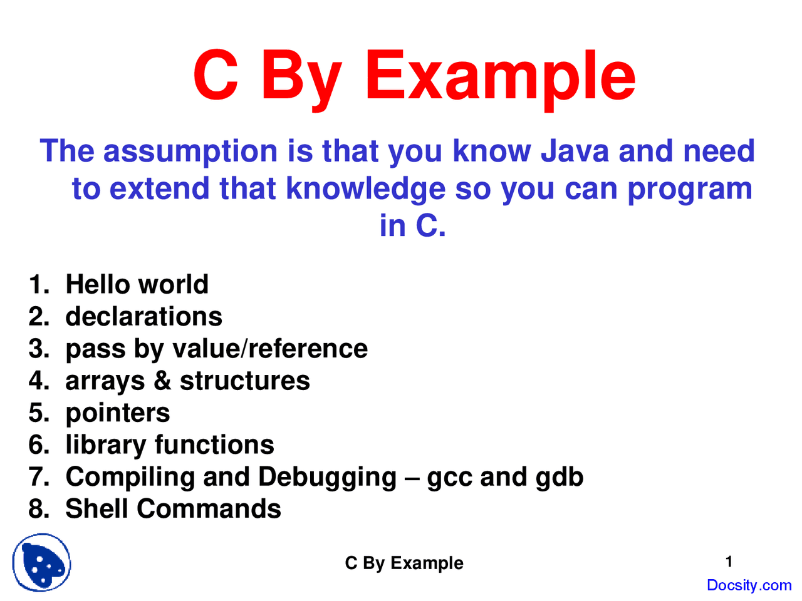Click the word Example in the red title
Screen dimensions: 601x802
(500, 76)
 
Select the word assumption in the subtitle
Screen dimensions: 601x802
(190, 152)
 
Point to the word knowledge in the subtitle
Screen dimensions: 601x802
(365, 188)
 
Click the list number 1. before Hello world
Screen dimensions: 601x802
(39, 285)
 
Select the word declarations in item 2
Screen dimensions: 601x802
(143, 317)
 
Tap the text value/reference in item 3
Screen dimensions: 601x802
(270, 349)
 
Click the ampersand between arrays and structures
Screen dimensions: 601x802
(162, 381)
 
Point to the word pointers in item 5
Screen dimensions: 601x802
(117, 413)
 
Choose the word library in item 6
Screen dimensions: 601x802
(105, 445)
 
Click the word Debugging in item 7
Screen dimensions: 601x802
(327, 478)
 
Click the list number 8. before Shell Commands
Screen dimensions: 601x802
(39, 509)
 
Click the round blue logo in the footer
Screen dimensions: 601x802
(41, 563)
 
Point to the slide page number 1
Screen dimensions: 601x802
(729, 562)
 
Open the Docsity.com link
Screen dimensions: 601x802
(749, 585)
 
